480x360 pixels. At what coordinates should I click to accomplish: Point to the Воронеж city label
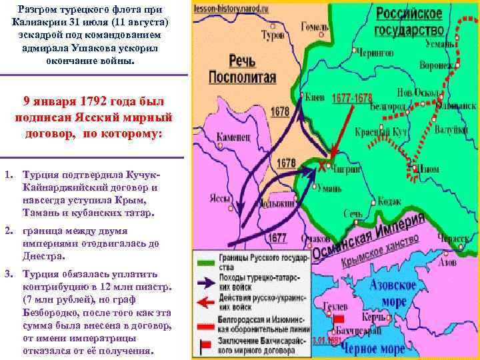pyautogui.click(x=435, y=65)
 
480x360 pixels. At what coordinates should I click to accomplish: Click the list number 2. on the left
pyautogui.click(x=9, y=231)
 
